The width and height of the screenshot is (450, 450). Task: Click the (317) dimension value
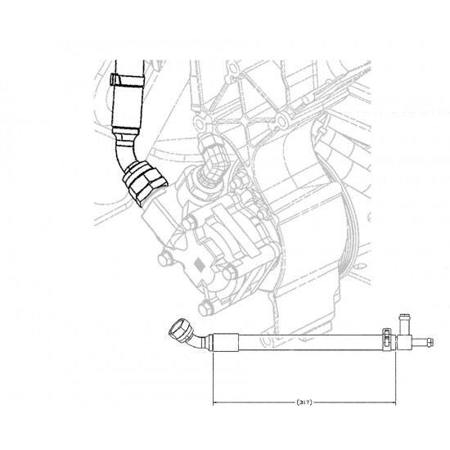(x=304, y=403)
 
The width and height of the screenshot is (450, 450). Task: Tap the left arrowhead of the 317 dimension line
(x=215, y=403)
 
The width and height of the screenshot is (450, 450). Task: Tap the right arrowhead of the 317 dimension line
(x=394, y=403)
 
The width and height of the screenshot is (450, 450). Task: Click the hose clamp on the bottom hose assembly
(x=386, y=340)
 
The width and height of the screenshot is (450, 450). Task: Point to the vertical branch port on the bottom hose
(x=405, y=324)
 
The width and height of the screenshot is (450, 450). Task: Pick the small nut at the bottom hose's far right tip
(x=430, y=342)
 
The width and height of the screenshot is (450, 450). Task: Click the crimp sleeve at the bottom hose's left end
(x=225, y=343)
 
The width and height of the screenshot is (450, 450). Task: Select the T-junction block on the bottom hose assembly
(x=404, y=342)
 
